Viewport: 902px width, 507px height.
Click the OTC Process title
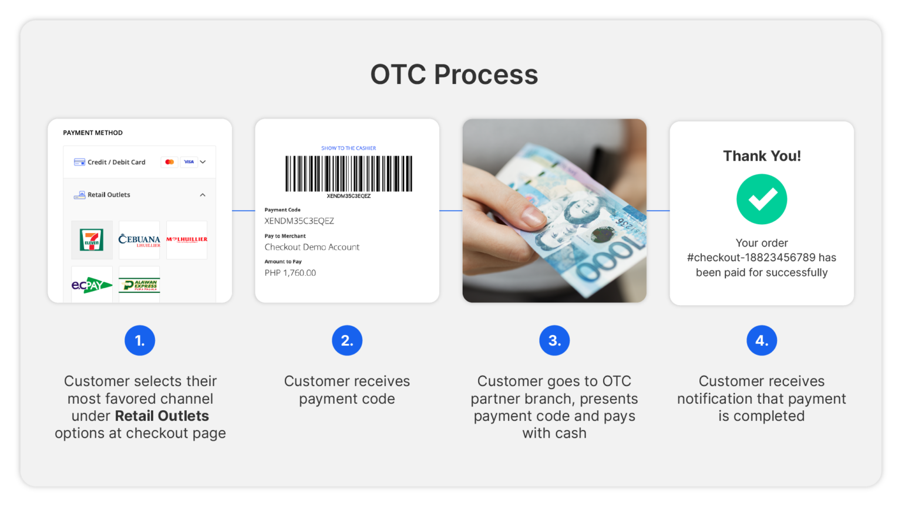pyautogui.click(x=454, y=75)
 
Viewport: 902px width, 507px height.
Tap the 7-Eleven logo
pyautogui.click(x=92, y=240)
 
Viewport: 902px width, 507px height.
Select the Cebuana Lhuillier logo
pyautogui.click(x=139, y=240)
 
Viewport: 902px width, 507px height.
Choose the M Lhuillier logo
pyautogui.click(x=187, y=240)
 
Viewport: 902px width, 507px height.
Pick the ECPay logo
pyautogui.click(x=92, y=285)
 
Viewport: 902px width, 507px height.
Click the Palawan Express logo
pyautogui.click(x=139, y=285)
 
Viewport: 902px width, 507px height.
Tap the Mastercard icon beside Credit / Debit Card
pyautogui.click(x=170, y=162)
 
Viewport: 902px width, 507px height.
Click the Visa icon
pyautogui.click(x=189, y=162)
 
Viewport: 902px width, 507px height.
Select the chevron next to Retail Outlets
pyautogui.click(x=203, y=195)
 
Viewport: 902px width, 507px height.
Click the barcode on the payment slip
pyautogui.click(x=349, y=174)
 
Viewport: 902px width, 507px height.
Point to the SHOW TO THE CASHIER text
pyautogui.click(x=348, y=148)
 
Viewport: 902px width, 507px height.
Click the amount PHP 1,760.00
pyautogui.click(x=290, y=273)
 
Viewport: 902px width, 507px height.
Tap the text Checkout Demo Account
pyautogui.click(x=312, y=247)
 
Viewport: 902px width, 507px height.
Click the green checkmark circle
pyautogui.click(x=762, y=200)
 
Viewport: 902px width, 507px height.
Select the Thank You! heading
pyautogui.click(x=762, y=156)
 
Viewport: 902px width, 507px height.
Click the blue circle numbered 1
pyautogui.click(x=140, y=340)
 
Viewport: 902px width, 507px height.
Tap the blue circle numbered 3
pyautogui.click(x=554, y=340)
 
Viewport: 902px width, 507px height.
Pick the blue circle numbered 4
pyautogui.click(x=762, y=340)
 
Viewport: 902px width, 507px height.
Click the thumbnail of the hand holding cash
pyautogui.click(x=554, y=211)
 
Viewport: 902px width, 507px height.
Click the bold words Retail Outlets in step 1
pyautogui.click(x=162, y=416)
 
